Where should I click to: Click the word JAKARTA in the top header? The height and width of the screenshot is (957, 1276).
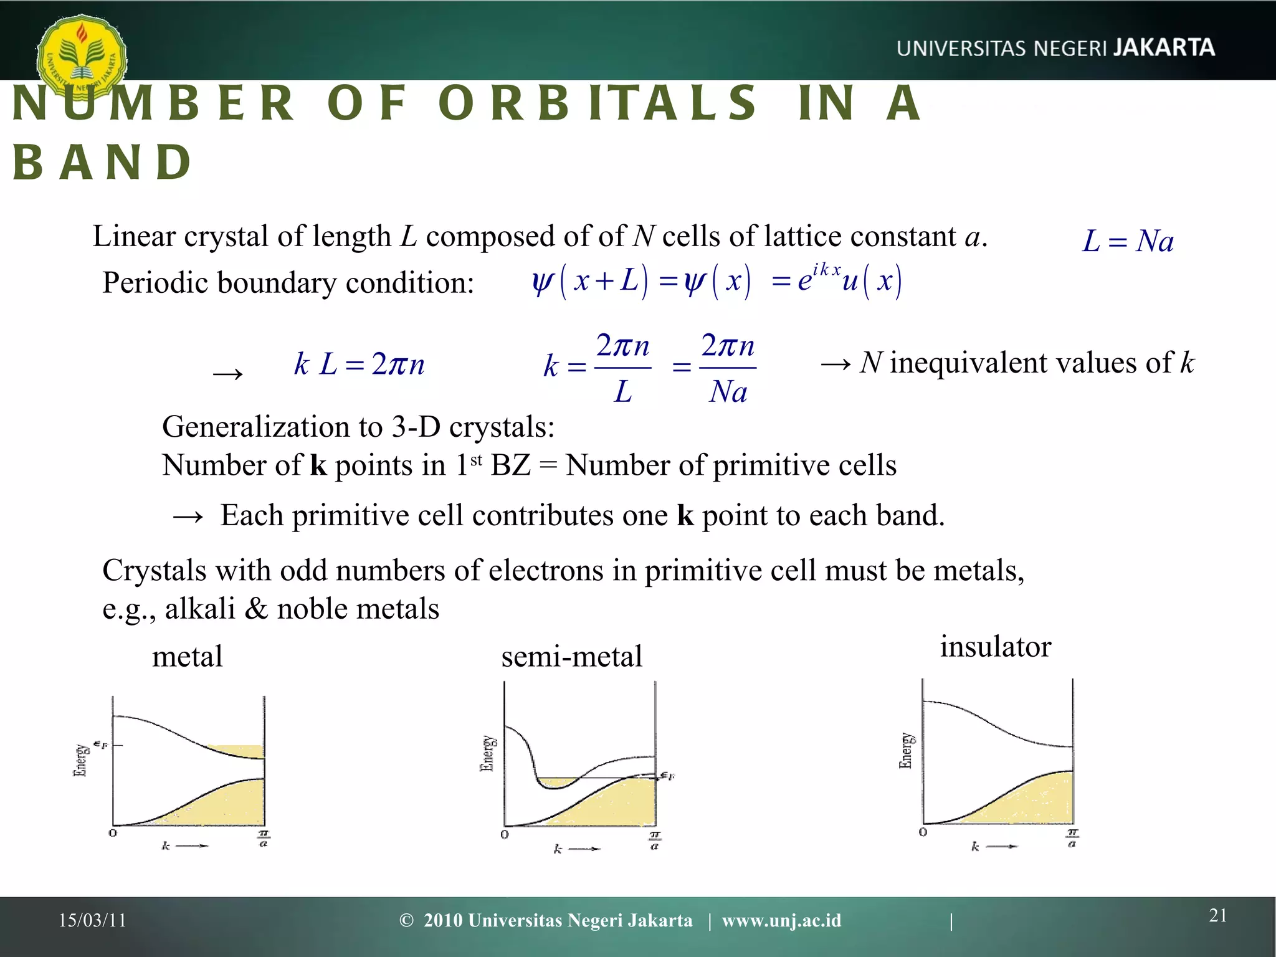[1164, 48]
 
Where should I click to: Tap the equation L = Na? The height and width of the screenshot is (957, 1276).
[1128, 241]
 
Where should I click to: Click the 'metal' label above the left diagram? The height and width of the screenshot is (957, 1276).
[187, 657]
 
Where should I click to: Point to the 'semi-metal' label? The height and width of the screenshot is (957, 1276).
[571, 657]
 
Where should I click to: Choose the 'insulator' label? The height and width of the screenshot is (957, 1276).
[995, 647]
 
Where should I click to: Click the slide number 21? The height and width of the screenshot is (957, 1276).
[1218, 915]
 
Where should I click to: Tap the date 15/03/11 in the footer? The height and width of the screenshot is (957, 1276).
[92, 920]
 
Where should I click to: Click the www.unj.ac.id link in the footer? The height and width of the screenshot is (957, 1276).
[781, 920]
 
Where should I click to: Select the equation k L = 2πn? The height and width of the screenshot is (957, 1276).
[359, 364]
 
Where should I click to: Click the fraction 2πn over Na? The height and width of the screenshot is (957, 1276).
[728, 368]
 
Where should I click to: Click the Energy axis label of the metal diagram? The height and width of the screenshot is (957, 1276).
[80, 759]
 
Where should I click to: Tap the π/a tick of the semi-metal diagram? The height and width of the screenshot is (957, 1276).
[655, 840]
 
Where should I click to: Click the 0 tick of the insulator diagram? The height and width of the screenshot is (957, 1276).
[923, 832]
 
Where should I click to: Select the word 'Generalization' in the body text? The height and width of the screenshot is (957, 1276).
[254, 427]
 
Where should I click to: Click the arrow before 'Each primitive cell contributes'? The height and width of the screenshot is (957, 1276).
[188, 517]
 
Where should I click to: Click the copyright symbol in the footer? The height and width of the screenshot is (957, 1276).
[406, 920]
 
